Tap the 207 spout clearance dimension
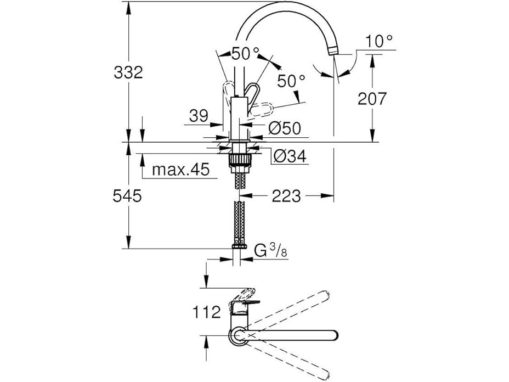pos(372,99)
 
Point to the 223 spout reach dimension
pos(286,195)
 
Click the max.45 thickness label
pos(181,170)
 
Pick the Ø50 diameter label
pos(285,128)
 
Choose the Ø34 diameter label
pos(289,157)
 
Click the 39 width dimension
pos(199,116)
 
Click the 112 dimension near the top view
pos(206,312)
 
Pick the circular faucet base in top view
pos(239,335)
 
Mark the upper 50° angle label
pos(245,54)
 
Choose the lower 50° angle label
pos(291,81)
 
